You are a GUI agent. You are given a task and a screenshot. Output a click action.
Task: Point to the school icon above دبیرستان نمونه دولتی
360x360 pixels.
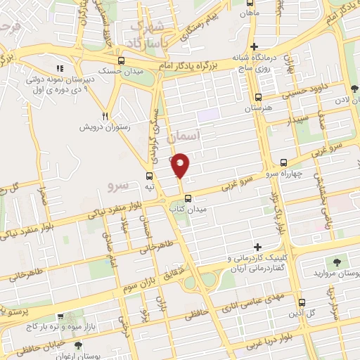[60, 68]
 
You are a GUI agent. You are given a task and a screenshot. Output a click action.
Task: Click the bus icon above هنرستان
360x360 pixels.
[258, 98]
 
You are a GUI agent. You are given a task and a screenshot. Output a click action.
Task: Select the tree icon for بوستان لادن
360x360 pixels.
[353, 89]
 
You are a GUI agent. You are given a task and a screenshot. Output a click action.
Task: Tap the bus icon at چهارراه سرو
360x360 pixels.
[283, 161]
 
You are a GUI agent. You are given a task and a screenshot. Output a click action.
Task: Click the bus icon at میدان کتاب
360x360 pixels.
[177, 198]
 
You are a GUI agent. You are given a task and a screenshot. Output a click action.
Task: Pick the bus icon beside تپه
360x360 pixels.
[148, 176]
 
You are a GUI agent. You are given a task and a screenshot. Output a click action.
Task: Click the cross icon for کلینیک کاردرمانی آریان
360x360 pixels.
[258, 247]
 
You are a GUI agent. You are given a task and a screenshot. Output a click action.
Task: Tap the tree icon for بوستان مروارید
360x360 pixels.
[339, 262]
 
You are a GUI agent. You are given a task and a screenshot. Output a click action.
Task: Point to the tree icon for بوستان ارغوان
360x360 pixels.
[77, 345]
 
